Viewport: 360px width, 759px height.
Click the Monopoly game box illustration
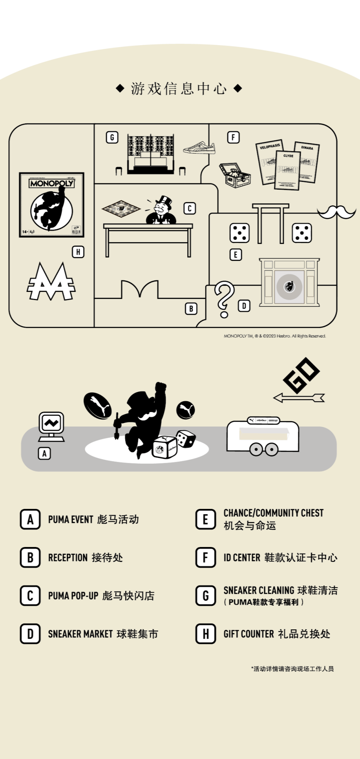coord(51,205)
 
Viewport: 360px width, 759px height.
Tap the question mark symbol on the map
coord(224,299)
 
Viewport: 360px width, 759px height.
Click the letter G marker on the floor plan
coord(112,137)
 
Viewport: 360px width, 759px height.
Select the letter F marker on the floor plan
coord(233,137)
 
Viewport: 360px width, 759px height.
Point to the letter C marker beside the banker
coord(189,208)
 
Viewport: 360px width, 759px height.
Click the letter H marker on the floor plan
coord(78,252)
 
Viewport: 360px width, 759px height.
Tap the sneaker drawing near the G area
coord(199,147)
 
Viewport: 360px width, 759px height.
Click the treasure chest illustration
coord(234,175)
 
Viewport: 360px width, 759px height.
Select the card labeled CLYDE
coord(288,170)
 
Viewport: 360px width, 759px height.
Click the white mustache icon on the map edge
coord(336,212)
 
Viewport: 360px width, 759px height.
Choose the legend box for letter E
coord(205,519)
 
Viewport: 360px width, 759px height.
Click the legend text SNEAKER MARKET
coord(80,634)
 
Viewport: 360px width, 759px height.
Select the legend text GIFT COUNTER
coord(249,634)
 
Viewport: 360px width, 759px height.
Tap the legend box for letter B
coord(30,557)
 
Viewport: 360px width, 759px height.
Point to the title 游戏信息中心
coord(179,88)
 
